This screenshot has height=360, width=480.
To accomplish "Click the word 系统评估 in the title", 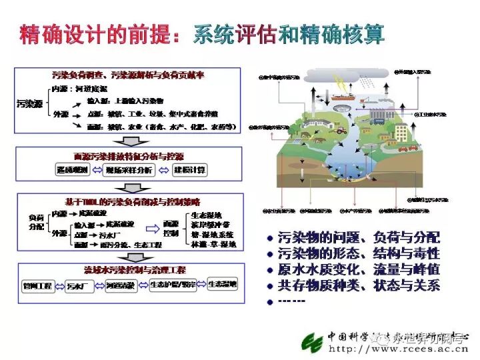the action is click(233, 35).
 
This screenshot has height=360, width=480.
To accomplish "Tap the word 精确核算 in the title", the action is click(340, 35).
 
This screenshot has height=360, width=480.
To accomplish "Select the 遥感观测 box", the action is click(69, 170).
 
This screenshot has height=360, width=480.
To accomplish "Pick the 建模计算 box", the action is click(189, 170).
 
